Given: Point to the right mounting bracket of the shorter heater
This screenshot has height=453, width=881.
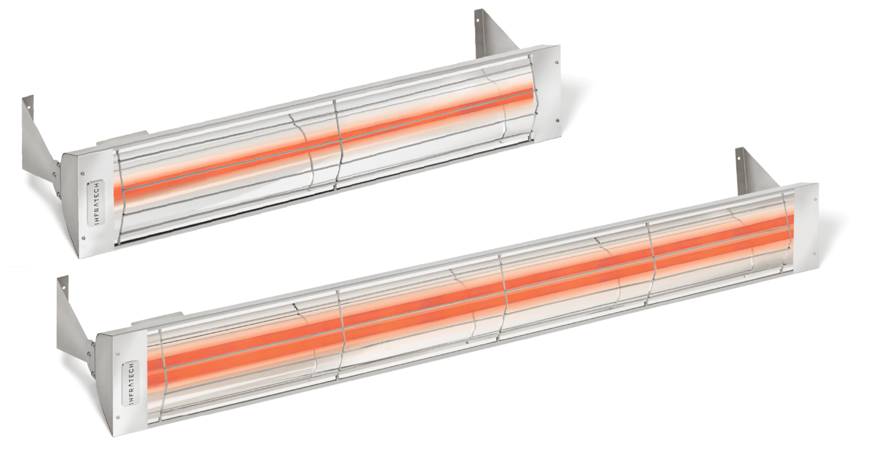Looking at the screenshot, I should tap(490, 32).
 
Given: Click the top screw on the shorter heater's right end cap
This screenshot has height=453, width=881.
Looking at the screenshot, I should tap(555, 61).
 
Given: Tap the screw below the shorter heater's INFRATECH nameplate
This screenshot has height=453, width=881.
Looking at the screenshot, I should tap(84, 237).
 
